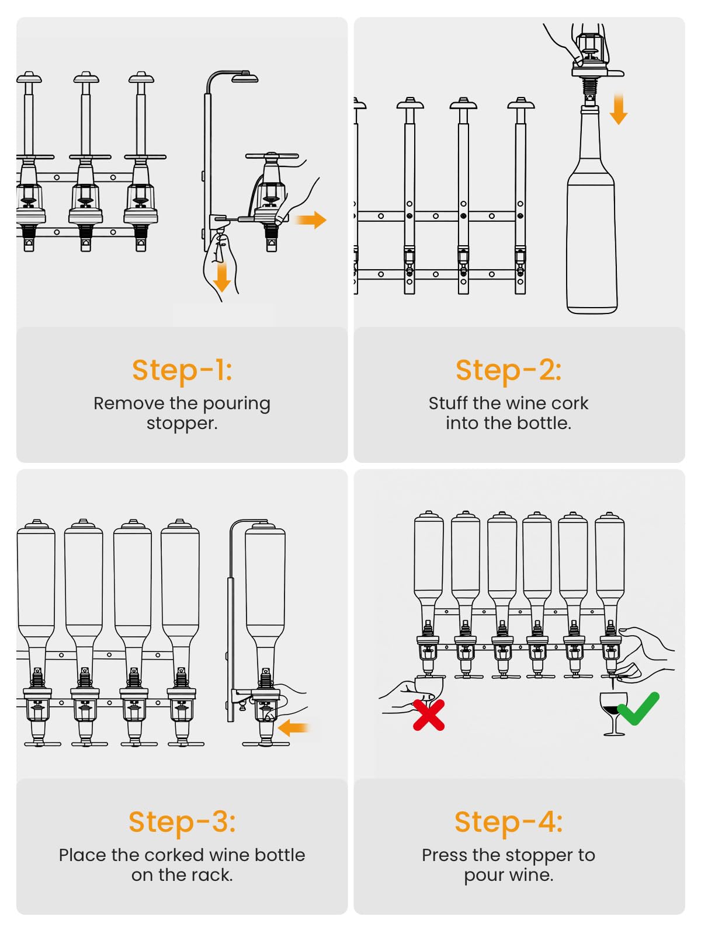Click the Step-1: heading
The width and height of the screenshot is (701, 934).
point(182,370)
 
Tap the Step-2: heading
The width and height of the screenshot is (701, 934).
point(508,370)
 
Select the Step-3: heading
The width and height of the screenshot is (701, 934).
point(182,822)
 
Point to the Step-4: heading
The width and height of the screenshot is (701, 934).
point(508,822)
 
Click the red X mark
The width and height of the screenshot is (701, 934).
point(429,715)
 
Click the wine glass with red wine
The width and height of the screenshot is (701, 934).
point(613,713)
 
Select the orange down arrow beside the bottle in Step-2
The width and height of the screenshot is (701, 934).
point(618,109)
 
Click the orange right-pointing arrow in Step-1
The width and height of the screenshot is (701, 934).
point(311,220)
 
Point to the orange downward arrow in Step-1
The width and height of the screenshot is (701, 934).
point(221,277)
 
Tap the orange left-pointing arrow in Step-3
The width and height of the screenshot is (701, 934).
point(293,727)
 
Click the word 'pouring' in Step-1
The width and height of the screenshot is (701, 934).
point(236,404)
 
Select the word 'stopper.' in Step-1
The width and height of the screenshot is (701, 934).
point(182,424)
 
